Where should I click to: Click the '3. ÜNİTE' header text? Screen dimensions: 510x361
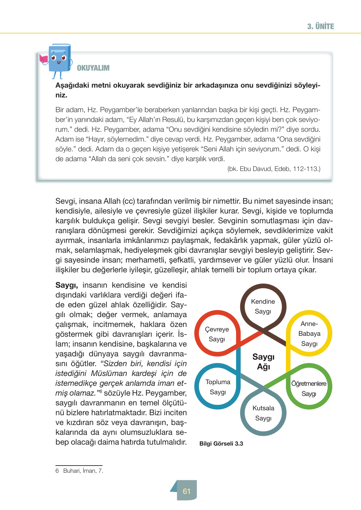(x=320, y=26)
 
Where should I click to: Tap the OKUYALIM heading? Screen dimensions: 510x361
(x=93, y=68)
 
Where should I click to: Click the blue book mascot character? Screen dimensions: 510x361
(x=59, y=59)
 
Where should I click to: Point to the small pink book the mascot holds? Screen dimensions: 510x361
(x=43, y=59)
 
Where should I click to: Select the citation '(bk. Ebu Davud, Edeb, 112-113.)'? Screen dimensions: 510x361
(x=274, y=169)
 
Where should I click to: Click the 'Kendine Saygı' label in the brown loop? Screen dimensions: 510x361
(x=263, y=306)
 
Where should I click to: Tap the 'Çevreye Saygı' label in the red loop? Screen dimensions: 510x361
(x=217, y=334)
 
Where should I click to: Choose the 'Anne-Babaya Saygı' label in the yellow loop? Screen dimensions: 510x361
(x=309, y=333)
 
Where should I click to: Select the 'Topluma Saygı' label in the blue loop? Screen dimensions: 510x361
(x=218, y=387)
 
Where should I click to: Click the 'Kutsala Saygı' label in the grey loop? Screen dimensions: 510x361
(x=263, y=413)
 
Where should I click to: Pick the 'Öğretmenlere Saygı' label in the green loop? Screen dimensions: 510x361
(x=309, y=388)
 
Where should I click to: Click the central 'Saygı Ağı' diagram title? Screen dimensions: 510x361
(x=263, y=362)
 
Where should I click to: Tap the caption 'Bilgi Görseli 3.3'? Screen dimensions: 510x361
(x=221, y=444)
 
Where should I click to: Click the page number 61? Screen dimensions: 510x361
(x=186, y=491)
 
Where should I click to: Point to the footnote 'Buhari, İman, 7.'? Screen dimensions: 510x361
(x=83, y=471)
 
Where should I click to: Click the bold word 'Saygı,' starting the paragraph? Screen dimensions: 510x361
(x=67, y=285)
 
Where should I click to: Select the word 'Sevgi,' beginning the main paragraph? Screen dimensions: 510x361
(x=66, y=201)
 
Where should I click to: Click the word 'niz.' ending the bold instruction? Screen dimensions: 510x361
(x=61, y=95)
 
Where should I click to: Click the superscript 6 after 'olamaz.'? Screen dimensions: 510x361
(x=101, y=391)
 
